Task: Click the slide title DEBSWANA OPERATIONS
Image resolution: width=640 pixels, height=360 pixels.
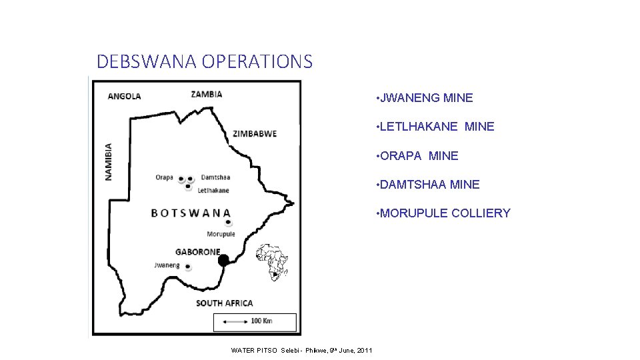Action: point(204,62)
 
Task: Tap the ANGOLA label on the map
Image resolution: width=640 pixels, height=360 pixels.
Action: point(124,96)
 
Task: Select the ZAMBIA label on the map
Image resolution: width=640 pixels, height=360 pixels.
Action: point(207,94)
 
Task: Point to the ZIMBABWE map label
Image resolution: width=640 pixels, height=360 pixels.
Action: point(255,134)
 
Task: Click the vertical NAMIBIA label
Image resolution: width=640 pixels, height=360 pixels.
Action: point(109,161)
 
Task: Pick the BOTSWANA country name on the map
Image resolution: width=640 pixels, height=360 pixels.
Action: point(191,213)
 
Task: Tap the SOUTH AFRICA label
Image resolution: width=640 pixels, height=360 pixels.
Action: point(224,303)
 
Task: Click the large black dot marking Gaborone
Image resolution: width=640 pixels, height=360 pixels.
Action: point(223,259)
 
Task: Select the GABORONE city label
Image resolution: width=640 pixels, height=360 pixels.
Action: point(197,252)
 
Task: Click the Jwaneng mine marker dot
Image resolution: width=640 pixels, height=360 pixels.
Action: point(188,267)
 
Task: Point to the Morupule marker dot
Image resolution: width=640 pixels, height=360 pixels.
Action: point(228,223)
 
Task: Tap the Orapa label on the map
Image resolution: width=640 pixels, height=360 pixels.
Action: point(164,177)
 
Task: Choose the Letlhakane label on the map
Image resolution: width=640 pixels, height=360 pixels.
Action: point(213,191)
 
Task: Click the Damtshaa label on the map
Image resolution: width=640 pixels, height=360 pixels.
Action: point(215,177)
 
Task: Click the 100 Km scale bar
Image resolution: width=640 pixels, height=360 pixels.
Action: point(255,321)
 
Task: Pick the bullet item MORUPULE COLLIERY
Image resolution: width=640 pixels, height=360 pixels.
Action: point(445,213)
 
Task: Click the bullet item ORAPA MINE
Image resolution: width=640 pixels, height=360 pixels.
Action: point(419,156)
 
